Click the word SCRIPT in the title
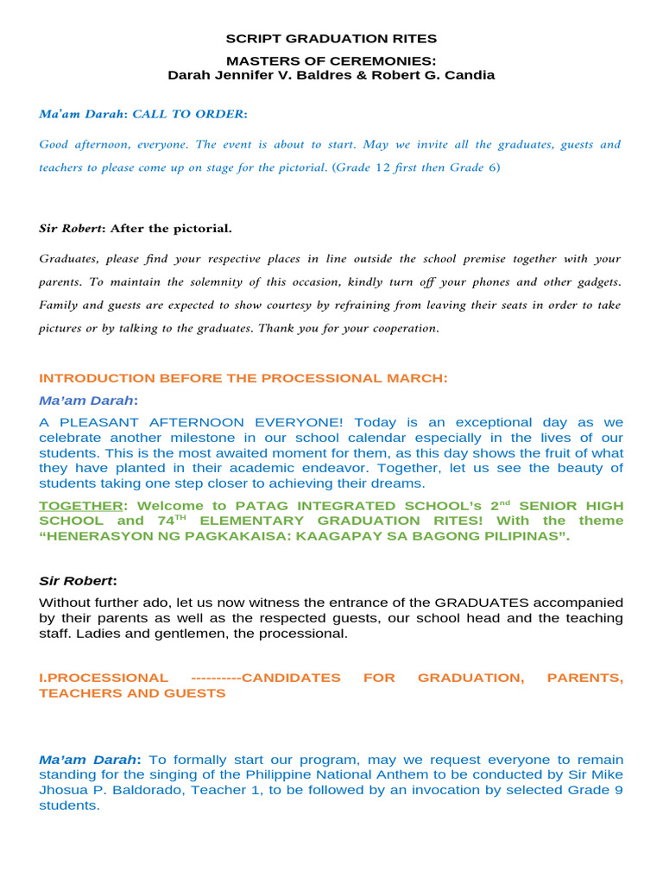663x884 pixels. pyautogui.click(x=249, y=39)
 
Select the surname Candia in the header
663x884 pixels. pyautogui.click(x=470, y=75)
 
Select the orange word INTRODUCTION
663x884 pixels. pyautogui.click(x=95, y=378)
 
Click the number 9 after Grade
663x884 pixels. pyautogui.click(x=618, y=790)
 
